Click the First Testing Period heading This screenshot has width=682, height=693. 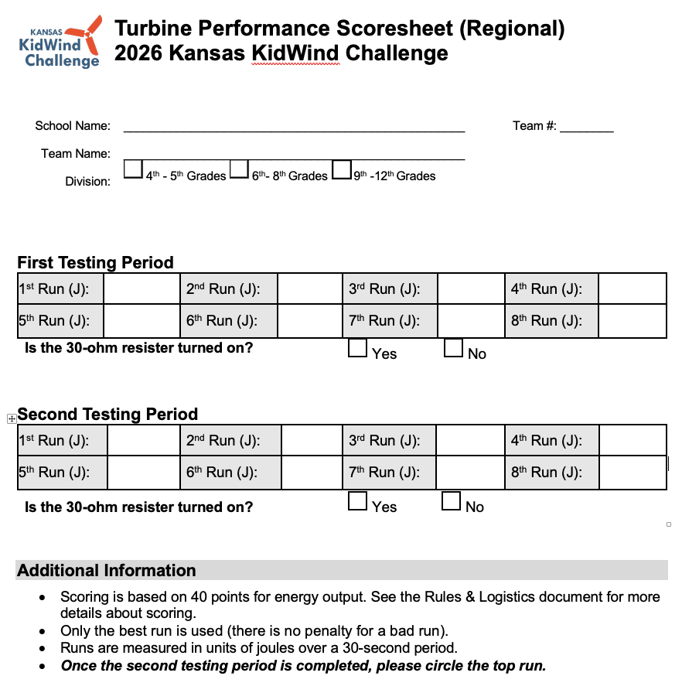tap(95, 262)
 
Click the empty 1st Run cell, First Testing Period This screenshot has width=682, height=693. tap(141, 289)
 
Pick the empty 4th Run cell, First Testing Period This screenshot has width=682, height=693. tap(632, 289)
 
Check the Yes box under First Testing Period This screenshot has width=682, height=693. tap(357, 349)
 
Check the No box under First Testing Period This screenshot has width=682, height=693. tap(454, 349)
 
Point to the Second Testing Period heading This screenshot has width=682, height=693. tap(107, 414)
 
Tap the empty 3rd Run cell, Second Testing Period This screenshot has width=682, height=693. tap(470, 441)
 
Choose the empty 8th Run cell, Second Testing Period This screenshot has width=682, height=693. tap(632, 473)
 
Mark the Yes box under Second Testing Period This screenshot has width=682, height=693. tap(357, 501)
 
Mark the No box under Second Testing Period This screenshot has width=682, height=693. tap(452, 501)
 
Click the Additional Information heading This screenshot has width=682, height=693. tap(107, 571)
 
